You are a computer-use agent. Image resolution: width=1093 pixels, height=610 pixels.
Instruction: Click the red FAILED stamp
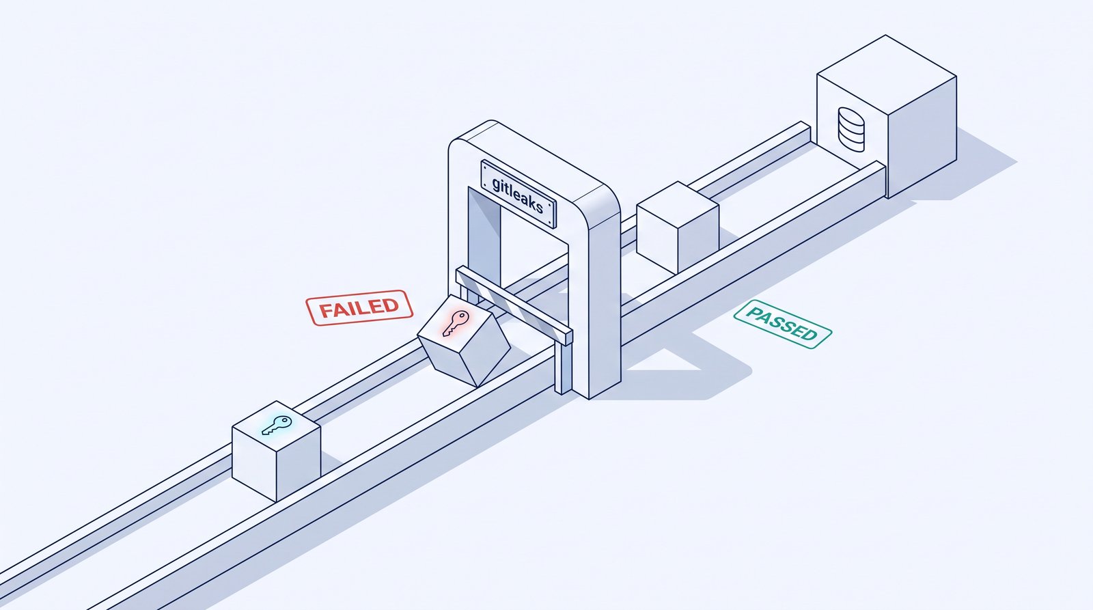pyautogui.click(x=359, y=307)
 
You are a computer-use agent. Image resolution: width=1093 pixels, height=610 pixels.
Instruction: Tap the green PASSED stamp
pyautogui.click(x=783, y=324)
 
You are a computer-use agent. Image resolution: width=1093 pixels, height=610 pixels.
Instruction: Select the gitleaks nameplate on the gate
pyautogui.click(x=518, y=194)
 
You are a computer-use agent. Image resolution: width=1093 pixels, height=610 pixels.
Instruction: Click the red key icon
pyautogui.click(x=456, y=322)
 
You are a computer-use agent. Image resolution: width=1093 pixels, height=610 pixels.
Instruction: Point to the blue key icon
pyautogui.click(x=277, y=425)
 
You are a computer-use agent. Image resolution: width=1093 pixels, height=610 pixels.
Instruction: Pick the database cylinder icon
pyautogui.click(x=851, y=129)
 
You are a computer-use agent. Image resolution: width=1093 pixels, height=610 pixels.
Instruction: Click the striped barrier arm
pyautogui.click(x=514, y=305)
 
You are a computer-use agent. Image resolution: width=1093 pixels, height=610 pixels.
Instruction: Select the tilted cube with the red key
pyautogui.click(x=464, y=340)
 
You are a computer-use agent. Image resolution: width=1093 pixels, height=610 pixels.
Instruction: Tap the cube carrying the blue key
pyautogui.click(x=276, y=451)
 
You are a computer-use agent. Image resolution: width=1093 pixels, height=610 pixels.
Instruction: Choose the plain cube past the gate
pyautogui.click(x=678, y=227)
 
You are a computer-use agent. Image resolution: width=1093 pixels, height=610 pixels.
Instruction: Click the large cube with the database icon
pyautogui.click(x=887, y=116)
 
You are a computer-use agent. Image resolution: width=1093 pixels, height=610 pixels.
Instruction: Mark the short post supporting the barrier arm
pyautogui.click(x=563, y=368)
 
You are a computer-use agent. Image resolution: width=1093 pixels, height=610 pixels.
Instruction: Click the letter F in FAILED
pyautogui.click(x=325, y=311)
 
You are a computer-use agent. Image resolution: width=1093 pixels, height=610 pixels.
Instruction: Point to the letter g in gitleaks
pyautogui.click(x=496, y=185)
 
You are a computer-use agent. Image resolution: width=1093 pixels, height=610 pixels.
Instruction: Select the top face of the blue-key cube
pyautogui.click(x=276, y=426)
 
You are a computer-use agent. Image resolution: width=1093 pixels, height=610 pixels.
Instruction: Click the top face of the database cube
pyautogui.click(x=887, y=74)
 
